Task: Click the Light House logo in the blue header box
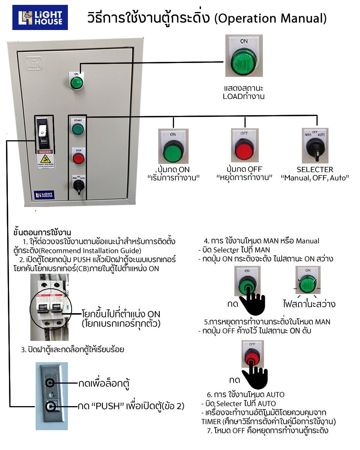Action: click(40, 17)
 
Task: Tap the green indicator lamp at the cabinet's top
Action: click(76, 82)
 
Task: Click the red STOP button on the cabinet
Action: click(78, 158)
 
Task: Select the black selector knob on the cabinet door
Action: click(78, 184)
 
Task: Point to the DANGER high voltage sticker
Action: click(46, 159)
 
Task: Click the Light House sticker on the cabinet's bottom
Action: click(45, 195)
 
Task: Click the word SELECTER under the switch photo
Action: click(315, 169)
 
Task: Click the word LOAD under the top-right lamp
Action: click(231, 97)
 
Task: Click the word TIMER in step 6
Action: click(210, 421)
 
